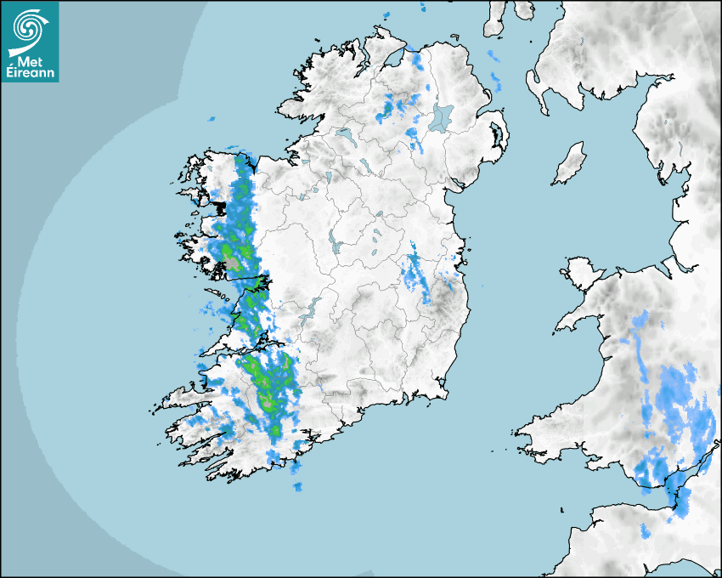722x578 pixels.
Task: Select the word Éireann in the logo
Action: pyautogui.click(x=30, y=73)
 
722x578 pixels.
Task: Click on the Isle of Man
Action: pyautogui.click(x=570, y=164)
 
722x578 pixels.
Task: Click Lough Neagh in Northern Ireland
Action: pyautogui.click(x=442, y=116)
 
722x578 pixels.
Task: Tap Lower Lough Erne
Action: pyautogui.click(x=344, y=133)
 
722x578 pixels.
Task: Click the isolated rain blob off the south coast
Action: pyautogui.click(x=297, y=487)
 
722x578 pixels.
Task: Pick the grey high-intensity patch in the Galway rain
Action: pyautogui.click(x=232, y=263)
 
